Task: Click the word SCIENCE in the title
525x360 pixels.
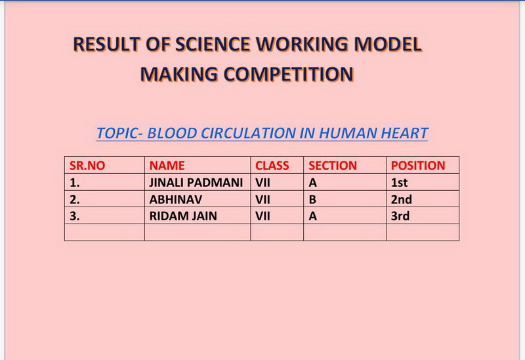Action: [x=212, y=44]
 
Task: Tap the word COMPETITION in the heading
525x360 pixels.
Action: [x=288, y=74]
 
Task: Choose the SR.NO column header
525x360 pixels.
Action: [x=87, y=166]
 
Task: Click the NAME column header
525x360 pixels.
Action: [x=167, y=166]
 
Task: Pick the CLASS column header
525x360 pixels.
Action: [x=272, y=166]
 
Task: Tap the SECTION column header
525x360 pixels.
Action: [x=333, y=166]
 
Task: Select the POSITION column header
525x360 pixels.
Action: [x=418, y=166]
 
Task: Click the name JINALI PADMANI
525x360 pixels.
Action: [x=196, y=183]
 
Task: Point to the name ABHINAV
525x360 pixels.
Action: [x=176, y=199]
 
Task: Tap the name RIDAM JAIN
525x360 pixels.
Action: [x=183, y=216]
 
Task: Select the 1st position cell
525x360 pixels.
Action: [x=399, y=183]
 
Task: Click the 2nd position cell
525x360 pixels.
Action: [x=401, y=199]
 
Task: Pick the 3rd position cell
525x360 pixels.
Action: [x=400, y=216]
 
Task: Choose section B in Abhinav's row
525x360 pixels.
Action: [x=312, y=199]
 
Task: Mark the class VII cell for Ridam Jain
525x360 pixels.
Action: [x=262, y=216]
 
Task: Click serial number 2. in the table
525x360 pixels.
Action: [x=75, y=199]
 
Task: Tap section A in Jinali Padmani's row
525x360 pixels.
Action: [x=313, y=183]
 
